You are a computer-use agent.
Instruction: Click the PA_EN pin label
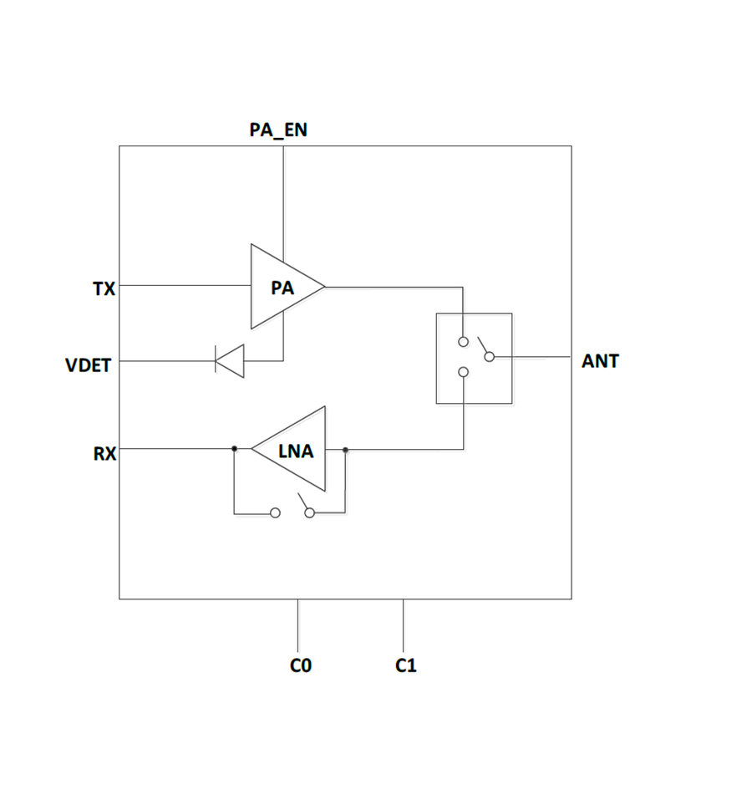coord(278,130)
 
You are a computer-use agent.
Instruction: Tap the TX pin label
coord(104,289)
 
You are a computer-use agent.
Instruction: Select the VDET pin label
coord(88,365)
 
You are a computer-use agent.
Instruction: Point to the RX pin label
coord(105,453)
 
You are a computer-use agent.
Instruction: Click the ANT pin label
coord(600,362)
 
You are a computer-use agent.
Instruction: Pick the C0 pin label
coord(300,665)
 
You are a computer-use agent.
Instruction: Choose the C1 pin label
coord(406,665)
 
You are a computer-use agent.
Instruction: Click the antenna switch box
coord(474,358)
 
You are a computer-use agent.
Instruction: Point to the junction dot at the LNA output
coord(345,450)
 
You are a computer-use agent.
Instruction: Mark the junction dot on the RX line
coord(235,449)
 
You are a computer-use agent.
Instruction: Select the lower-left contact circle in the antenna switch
coord(463,373)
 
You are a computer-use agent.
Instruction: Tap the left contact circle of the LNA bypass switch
coord(275,513)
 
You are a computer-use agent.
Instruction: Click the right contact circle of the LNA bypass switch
coord(310,513)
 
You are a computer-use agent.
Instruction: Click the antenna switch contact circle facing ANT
coord(490,357)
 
